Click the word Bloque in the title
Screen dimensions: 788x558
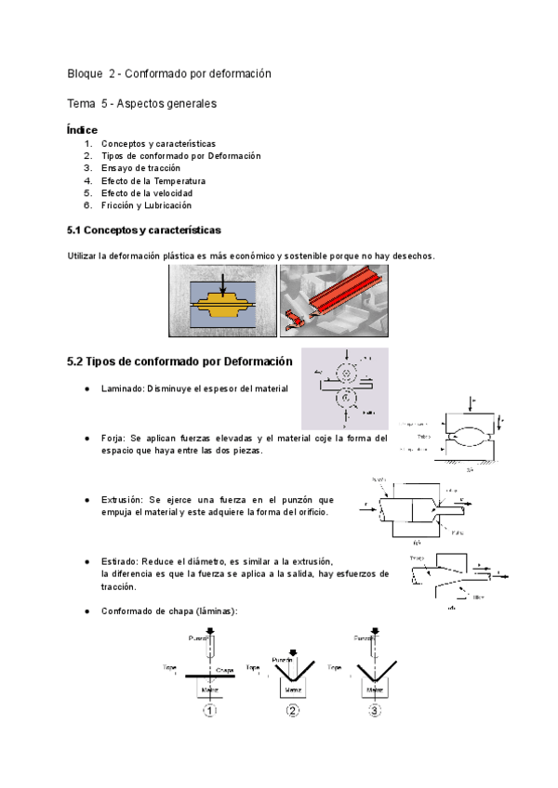[x=86, y=74]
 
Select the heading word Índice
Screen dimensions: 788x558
[x=83, y=130]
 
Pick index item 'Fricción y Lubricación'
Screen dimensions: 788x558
[x=146, y=204]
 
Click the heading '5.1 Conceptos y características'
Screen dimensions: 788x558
[x=144, y=230]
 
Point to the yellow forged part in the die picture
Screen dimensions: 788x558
[x=222, y=304]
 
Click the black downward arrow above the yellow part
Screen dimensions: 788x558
[x=222, y=283]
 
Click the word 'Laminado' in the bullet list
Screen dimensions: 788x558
[x=121, y=388]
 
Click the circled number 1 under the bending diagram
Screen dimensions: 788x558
[x=210, y=712]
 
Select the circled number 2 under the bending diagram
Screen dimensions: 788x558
[x=293, y=712]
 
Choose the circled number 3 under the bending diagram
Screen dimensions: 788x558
[x=375, y=712]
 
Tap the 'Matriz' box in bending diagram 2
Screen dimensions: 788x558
[x=293, y=690]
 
